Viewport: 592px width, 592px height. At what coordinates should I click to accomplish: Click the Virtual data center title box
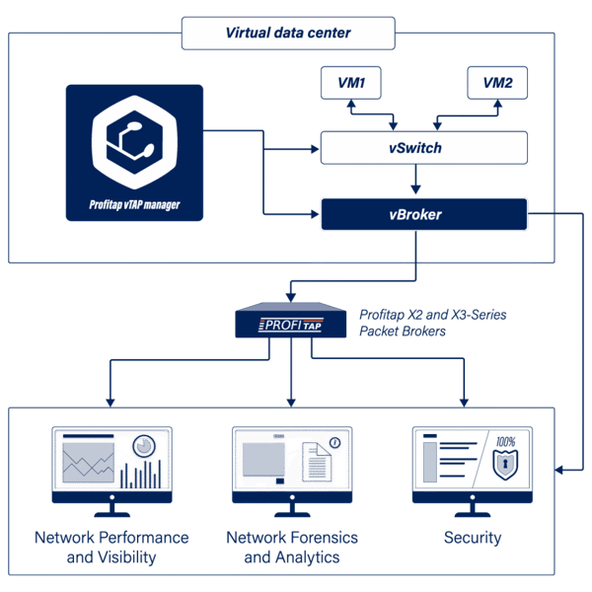click(x=287, y=34)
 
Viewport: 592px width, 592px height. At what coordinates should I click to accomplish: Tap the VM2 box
click(x=497, y=84)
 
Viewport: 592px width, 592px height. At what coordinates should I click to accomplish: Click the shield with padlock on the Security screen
click(x=505, y=460)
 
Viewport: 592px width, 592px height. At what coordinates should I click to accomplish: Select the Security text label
click(x=472, y=539)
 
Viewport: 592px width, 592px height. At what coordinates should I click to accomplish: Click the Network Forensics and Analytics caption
click(x=291, y=548)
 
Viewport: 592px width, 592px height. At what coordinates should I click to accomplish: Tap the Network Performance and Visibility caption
click(x=111, y=548)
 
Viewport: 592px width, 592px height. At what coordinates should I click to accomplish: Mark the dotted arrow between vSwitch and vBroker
click(x=415, y=182)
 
